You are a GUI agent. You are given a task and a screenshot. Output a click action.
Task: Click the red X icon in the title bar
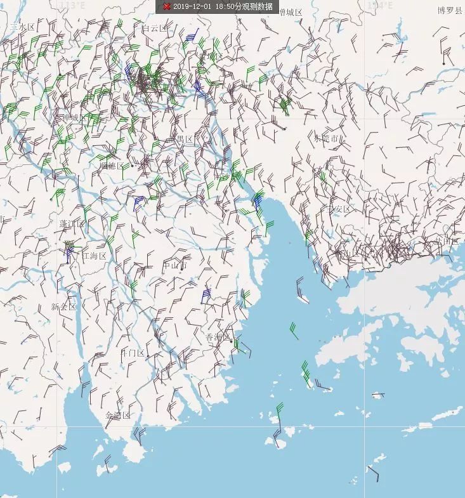point(167,6)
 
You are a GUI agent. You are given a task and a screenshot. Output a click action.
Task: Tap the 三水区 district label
point(23,27)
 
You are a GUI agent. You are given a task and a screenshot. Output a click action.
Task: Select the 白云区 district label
point(154,29)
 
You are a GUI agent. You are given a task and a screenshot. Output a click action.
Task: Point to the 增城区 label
point(291,13)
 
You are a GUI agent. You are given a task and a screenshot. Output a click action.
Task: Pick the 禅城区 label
point(74,118)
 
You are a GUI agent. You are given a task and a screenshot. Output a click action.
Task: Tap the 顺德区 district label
point(112,166)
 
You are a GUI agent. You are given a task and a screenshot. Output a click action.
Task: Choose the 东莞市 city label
point(326,138)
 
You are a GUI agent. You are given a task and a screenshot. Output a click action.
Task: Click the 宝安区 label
point(339,209)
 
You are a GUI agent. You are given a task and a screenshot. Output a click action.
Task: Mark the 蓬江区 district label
point(72,224)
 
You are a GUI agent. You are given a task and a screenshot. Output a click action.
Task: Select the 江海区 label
point(94,256)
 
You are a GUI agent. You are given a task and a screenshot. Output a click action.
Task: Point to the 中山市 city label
point(175,266)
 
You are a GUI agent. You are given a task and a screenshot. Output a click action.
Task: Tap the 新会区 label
point(63,306)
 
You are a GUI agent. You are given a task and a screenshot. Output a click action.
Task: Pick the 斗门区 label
point(133,353)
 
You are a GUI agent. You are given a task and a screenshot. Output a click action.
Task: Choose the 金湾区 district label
point(117,416)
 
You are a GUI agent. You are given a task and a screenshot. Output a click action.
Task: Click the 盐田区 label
point(446,241)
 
